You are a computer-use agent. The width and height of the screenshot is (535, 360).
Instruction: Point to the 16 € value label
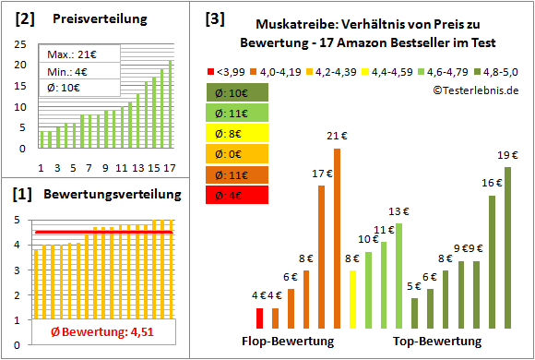click(492, 184)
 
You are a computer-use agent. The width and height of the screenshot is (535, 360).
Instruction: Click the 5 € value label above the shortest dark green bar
click(414, 286)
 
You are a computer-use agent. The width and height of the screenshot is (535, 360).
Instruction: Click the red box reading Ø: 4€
click(236, 195)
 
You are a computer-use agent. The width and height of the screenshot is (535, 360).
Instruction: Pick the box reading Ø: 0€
click(236, 154)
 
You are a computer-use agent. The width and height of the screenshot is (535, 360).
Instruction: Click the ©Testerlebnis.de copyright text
click(475, 90)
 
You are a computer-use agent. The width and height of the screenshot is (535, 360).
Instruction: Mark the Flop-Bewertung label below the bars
click(287, 342)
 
